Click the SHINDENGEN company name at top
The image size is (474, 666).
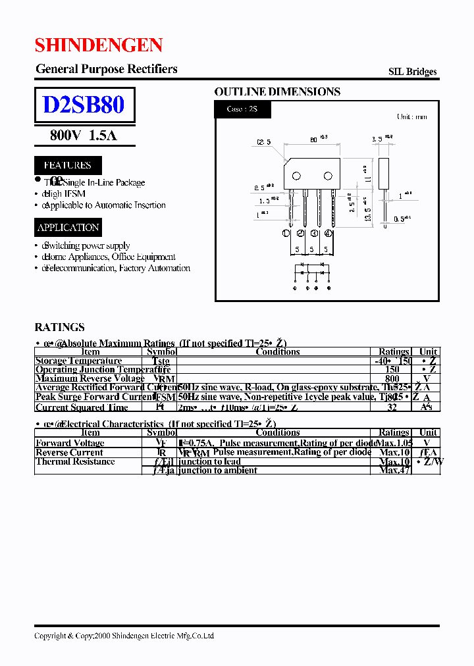[99, 45]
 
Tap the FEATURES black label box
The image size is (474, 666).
[68, 165]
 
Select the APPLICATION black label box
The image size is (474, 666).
[68, 228]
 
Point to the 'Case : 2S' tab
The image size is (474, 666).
[242, 109]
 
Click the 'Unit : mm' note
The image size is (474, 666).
[411, 117]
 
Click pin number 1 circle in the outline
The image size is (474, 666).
[286, 233]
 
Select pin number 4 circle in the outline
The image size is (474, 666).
[329, 233]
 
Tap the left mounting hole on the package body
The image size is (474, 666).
[296, 175]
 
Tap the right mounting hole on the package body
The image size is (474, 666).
[327, 175]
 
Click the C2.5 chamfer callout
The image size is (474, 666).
[264, 142]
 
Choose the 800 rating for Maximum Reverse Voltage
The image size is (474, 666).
[392, 378]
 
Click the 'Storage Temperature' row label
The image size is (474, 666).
[78, 361]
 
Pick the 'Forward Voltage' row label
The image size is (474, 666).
[70, 443]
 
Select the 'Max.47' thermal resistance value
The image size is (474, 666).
[395, 470]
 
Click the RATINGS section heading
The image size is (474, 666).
[60, 327]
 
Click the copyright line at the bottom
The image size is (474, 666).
[124, 636]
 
